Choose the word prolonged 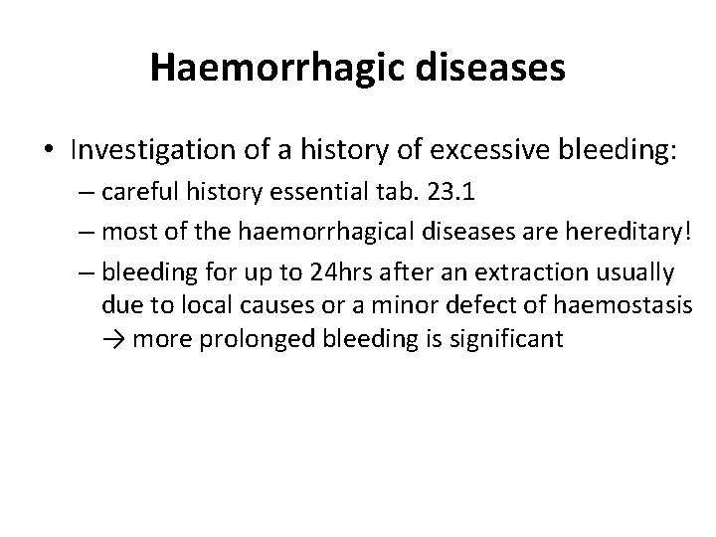pos(253,339)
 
